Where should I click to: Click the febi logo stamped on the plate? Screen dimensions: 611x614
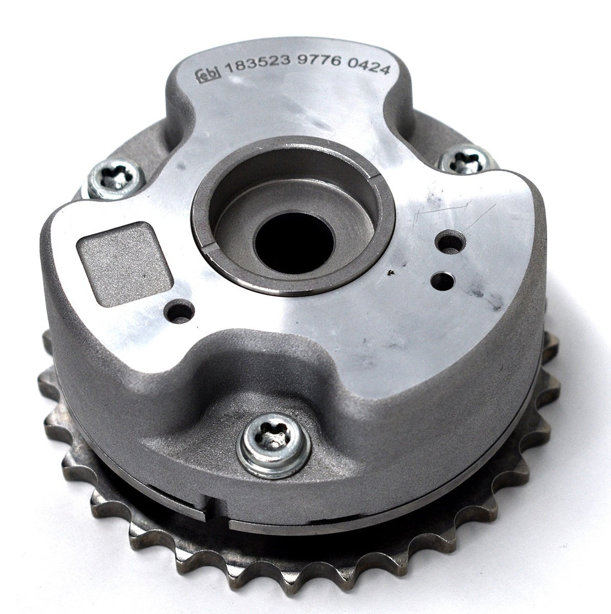click(x=208, y=74)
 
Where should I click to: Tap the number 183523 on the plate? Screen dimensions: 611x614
click(x=258, y=64)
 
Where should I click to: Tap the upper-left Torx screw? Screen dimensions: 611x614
click(x=116, y=179)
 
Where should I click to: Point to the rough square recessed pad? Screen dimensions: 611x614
click(x=125, y=264)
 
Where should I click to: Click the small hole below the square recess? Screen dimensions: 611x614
click(x=179, y=312)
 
